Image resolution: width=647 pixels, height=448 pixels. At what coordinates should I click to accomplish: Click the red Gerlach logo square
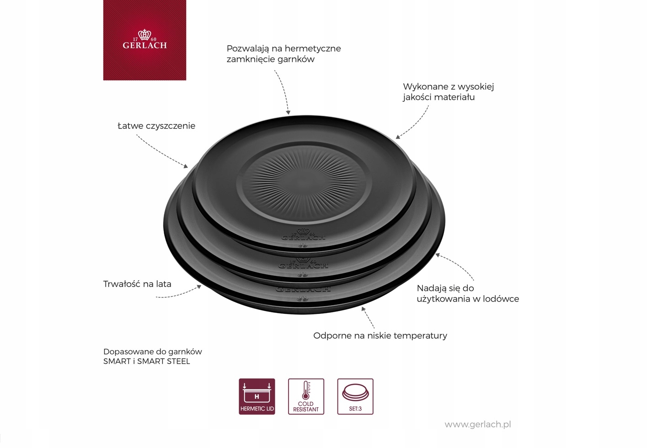(x=144, y=40)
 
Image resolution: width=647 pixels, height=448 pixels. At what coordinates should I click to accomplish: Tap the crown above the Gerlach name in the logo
(x=144, y=35)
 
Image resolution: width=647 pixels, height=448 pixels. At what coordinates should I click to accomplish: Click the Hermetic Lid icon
(x=257, y=396)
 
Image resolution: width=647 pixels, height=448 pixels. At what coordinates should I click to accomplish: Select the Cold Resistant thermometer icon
(x=306, y=396)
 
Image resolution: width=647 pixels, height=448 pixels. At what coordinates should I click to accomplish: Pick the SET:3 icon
(x=355, y=396)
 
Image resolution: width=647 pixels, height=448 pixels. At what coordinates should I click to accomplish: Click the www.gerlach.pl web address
(x=478, y=424)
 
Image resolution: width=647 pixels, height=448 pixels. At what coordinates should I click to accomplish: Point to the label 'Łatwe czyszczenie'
(x=156, y=126)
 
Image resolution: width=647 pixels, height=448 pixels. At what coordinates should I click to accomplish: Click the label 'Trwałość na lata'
(x=137, y=284)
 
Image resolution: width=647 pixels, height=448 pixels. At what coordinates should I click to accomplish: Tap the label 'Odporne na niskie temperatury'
(x=380, y=335)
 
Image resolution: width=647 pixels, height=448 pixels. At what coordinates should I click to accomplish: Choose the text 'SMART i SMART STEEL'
(x=146, y=362)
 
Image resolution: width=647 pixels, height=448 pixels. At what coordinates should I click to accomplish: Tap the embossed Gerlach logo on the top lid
(x=304, y=236)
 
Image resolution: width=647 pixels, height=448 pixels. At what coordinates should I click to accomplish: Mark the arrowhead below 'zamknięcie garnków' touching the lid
(x=288, y=112)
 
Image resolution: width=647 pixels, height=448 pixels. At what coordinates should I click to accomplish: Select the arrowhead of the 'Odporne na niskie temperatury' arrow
(x=363, y=309)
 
